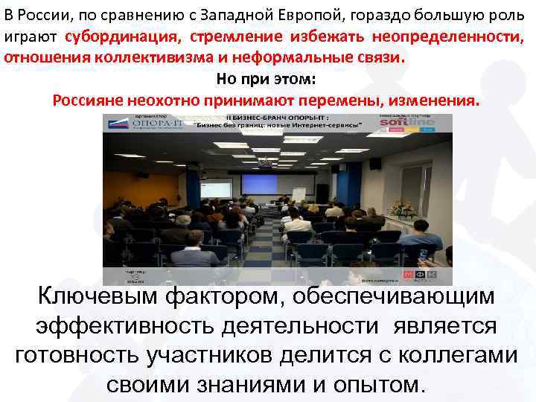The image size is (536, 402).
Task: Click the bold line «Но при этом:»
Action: (267, 79)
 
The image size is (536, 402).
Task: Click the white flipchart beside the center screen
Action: (299, 195)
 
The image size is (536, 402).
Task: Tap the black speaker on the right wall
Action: (375, 163)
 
